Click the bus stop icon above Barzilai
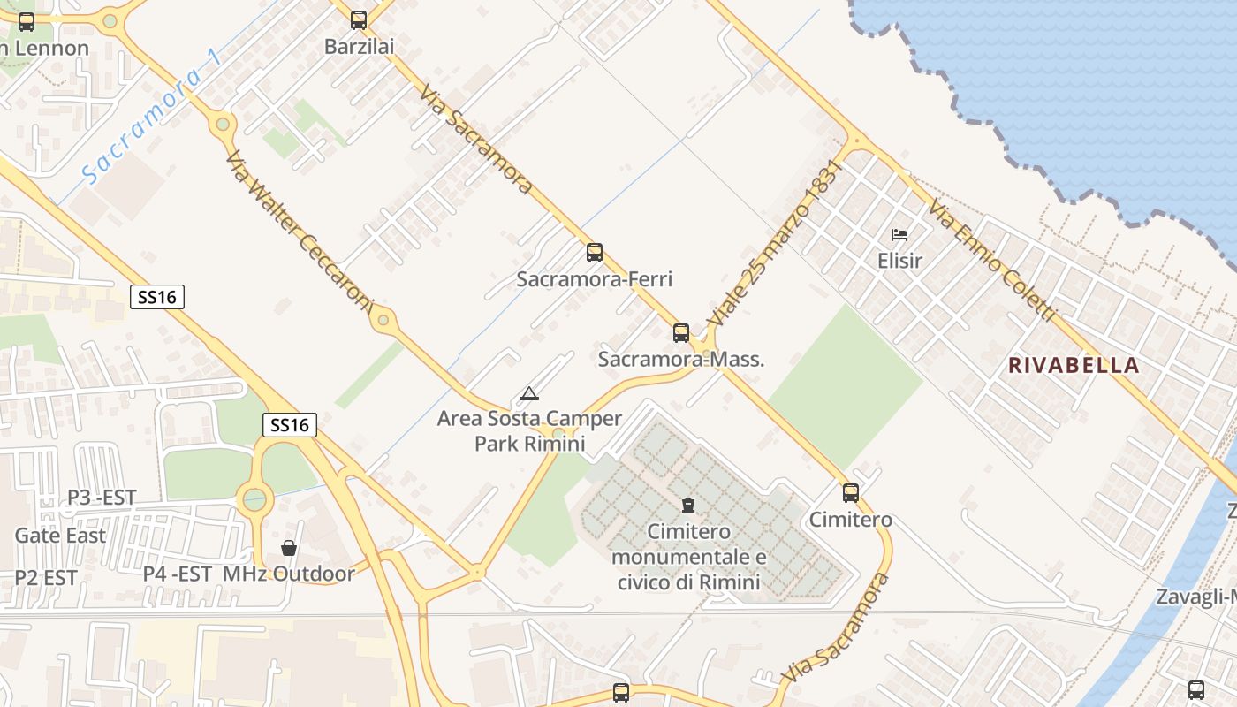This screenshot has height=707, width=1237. tap(358, 19)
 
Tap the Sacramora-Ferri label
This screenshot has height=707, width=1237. tap(594, 279)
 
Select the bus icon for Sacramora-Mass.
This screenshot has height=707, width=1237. tap(680, 332)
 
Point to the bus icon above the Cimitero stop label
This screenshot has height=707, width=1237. tap(850, 492)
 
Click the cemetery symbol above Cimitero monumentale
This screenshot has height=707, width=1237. tap(688, 506)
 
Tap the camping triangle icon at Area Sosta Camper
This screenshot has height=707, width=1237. tap(528, 393)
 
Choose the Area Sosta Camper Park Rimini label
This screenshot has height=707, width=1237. tap(529, 430)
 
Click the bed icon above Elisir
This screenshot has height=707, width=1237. tap(899, 235)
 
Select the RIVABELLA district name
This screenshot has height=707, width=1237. tap(1074, 365)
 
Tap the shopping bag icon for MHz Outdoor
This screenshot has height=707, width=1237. tap(288, 548)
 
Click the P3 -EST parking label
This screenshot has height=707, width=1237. tap(102, 498)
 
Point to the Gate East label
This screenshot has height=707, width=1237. tap(60, 536)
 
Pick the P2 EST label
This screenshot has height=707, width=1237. tap(46, 578)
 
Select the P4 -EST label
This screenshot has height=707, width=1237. tap(177, 574)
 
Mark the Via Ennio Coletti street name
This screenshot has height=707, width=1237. tap(991, 261)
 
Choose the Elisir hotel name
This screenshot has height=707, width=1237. tap(899, 261)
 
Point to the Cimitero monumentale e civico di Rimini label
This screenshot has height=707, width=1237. tap(688, 557)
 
